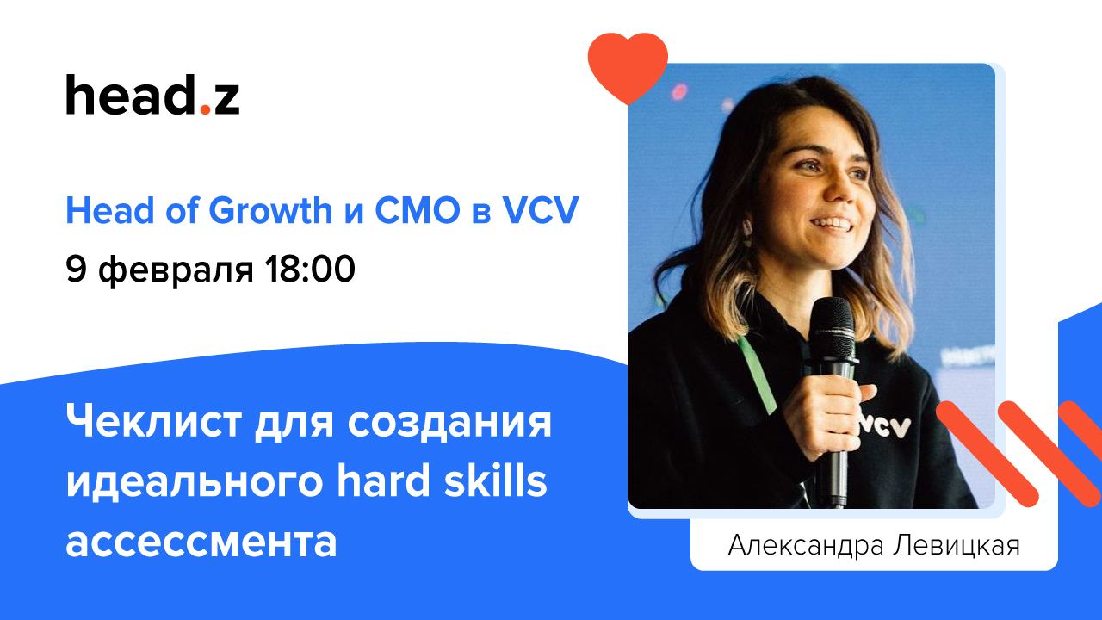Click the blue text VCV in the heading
[540, 211]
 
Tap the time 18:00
[309, 269]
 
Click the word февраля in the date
[176, 271]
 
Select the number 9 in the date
[77, 269]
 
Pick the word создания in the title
[449, 423]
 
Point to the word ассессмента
[201, 542]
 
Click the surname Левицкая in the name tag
[957, 545]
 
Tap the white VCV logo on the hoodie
[885, 426]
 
